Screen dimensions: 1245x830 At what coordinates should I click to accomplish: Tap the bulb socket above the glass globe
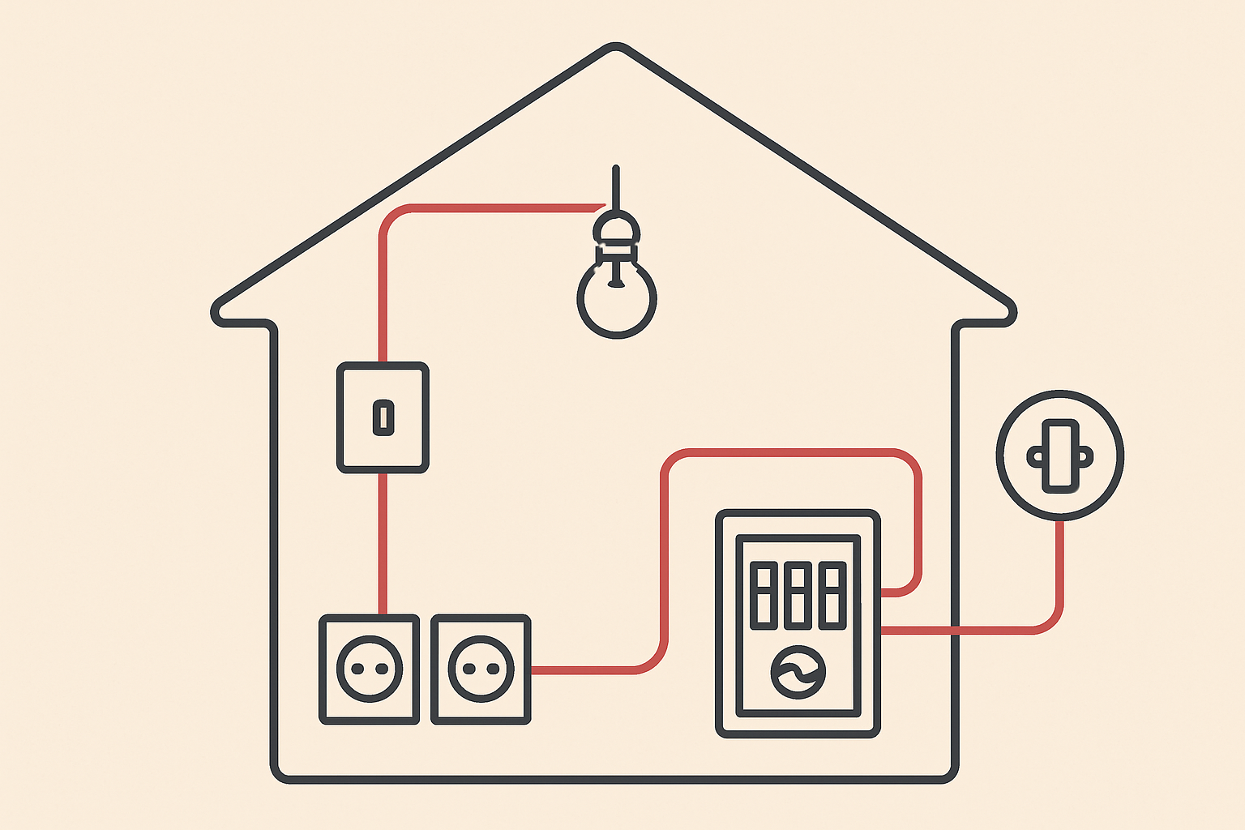[617, 231]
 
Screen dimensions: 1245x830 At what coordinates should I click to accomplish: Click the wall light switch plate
[383, 417]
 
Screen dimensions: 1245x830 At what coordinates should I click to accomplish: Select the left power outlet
[370, 670]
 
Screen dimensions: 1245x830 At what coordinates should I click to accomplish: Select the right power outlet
[481, 670]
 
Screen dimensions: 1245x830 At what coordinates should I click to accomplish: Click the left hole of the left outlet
[357, 670]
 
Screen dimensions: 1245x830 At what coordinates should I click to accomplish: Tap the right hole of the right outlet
[494, 670]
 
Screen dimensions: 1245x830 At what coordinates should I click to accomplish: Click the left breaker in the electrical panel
[763, 595]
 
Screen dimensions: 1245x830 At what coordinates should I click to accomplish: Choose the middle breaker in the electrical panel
[798, 595]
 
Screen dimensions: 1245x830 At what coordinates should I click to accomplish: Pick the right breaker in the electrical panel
[832, 595]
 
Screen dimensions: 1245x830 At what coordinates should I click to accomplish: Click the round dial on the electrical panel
[798, 672]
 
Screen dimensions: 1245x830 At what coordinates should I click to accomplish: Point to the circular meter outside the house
[1059, 456]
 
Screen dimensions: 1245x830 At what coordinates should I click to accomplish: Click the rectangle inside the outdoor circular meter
[1059, 456]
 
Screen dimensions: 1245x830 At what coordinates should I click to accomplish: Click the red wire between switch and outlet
[383, 543]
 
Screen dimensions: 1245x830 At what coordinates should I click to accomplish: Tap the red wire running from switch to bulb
[486, 208]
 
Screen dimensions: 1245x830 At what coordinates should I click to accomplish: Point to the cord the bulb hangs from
[616, 186]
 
